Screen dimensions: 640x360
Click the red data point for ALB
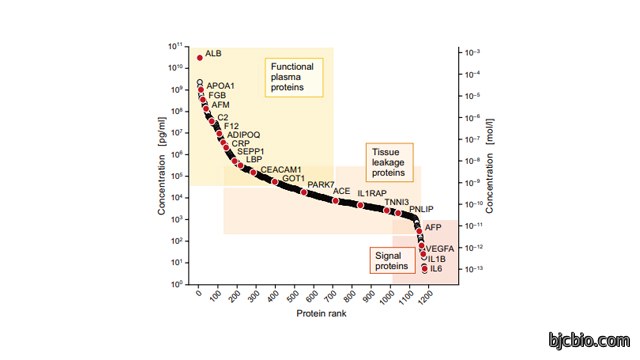coord(200,58)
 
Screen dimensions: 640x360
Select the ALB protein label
coord(213,53)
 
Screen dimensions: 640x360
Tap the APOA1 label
coord(220,86)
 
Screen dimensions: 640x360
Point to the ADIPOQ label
coord(243,135)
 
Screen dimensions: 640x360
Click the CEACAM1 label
coord(281,169)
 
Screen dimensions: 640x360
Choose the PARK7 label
coord(321,184)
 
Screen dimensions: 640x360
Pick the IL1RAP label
coord(372,193)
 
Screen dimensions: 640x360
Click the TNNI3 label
coord(396,202)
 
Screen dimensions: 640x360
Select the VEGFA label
coord(440,249)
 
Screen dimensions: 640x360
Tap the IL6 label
coord(436,269)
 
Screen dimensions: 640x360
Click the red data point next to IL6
coord(424,269)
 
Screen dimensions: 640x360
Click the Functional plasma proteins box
coord(294,77)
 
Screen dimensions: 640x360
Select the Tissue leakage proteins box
coord(389,162)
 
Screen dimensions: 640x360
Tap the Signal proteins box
coord(392,260)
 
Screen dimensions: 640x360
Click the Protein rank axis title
coord(321,313)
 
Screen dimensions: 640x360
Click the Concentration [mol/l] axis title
coord(489,166)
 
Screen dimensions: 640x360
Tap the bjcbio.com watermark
coord(589,340)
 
